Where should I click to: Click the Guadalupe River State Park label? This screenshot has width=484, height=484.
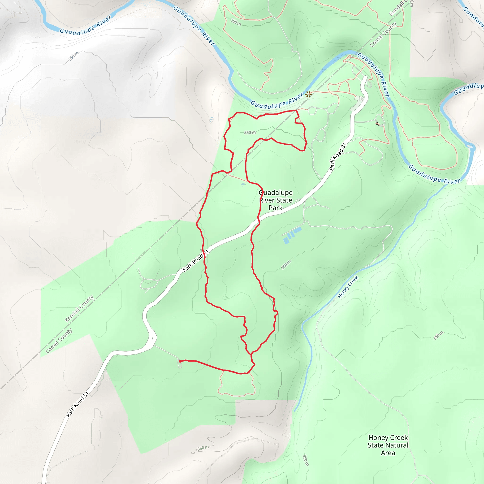click(x=276, y=200)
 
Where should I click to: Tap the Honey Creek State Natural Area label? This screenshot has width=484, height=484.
click(x=388, y=445)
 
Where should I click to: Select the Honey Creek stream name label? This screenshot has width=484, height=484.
click(x=348, y=287)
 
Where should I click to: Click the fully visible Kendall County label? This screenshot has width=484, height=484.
click(x=79, y=308)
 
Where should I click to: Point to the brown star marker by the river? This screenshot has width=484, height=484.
click(x=308, y=95)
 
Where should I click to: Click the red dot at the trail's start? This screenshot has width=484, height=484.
click(x=180, y=361)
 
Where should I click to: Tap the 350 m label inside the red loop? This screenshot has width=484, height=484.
click(x=250, y=132)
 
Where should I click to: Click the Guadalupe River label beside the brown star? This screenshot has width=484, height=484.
click(x=277, y=102)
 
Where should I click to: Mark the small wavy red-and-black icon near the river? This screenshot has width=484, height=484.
click(x=377, y=123)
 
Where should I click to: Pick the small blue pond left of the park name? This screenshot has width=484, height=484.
click(x=243, y=185)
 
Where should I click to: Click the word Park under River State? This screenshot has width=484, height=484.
click(x=276, y=208)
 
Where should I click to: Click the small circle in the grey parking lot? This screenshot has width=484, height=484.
click(x=360, y=99)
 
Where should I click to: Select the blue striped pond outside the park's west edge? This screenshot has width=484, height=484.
click(x=212, y=120)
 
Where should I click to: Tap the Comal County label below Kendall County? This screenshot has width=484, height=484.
click(x=59, y=341)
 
